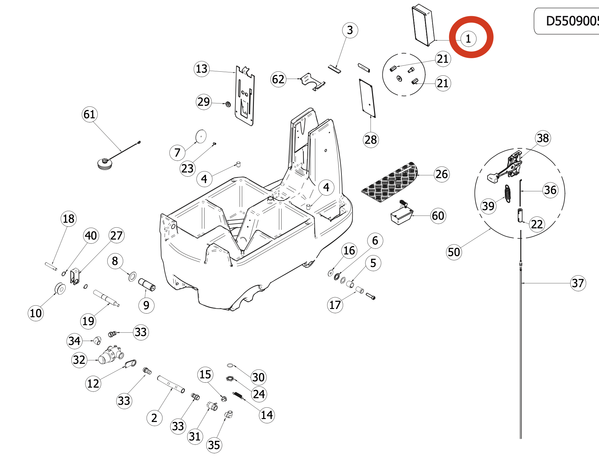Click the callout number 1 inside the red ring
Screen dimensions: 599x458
click(468, 39)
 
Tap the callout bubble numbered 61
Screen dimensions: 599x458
click(89, 114)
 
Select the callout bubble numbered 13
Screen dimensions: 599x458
click(201, 69)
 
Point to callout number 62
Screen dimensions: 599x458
click(278, 79)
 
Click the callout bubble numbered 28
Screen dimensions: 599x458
click(370, 140)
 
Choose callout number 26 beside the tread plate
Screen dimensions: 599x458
click(442, 174)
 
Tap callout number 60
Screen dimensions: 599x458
click(438, 216)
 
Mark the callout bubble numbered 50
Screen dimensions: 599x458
click(454, 252)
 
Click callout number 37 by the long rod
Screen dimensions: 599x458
click(578, 283)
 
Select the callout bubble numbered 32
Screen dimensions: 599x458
click(79, 360)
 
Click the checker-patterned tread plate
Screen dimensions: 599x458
click(390, 182)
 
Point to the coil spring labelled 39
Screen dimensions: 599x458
click(508, 194)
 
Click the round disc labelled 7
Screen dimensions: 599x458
click(201, 136)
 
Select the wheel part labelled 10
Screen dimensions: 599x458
click(60, 288)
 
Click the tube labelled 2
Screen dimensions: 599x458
click(171, 384)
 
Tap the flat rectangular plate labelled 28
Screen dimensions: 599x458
click(367, 98)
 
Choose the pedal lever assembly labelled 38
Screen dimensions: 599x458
click(505, 167)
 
